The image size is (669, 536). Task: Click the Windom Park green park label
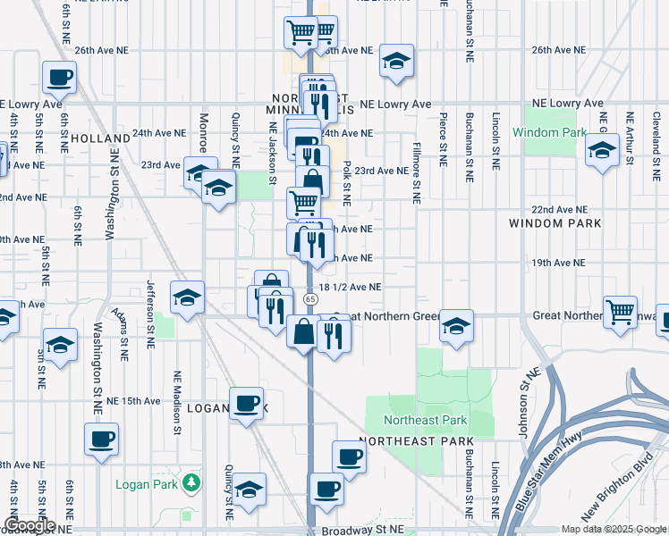pos(549,132)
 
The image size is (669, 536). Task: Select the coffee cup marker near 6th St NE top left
pos(59,78)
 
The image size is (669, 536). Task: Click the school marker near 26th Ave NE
pos(396,61)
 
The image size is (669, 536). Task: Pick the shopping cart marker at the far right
pos(620,313)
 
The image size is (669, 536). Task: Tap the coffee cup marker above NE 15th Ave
pos(246,403)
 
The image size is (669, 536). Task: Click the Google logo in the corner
pos(29,525)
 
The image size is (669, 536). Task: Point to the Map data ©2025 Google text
pos(613,529)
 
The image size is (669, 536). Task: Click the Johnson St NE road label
pos(523,402)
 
